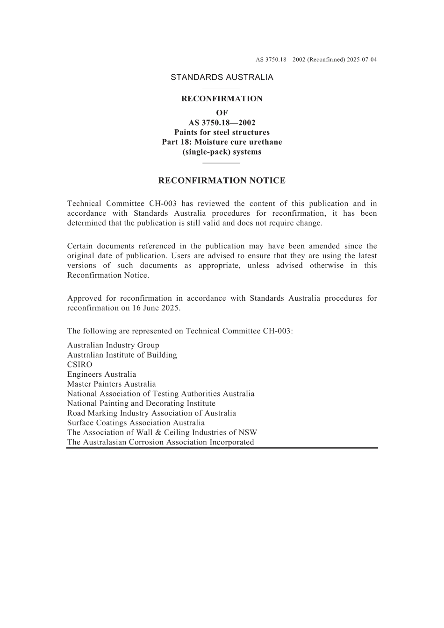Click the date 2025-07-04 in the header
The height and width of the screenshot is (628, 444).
pyautogui.click(x=362, y=60)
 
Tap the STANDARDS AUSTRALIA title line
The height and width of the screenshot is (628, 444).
pyautogui.click(x=222, y=78)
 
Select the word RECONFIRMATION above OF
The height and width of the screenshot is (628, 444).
pyautogui.click(x=222, y=99)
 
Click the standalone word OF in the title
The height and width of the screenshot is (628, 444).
pyautogui.click(x=222, y=113)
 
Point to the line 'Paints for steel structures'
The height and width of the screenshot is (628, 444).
pyautogui.click(x=222, y=133)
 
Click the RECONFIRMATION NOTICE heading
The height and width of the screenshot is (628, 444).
pyautogui.click(x=222, y=181)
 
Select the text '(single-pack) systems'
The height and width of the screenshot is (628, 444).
pyautogui.click(x=222, y=152)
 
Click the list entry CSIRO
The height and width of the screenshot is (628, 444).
pyautogui.click(x=79, y=365)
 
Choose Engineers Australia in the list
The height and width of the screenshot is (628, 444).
pyautogui.click(x=101, y=374)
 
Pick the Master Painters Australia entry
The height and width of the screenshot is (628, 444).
pyautogui.click(x=111, y=384)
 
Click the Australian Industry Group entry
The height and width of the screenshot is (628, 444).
pyautogui.click(x=113, y=346)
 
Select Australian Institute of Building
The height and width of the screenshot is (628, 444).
pyautogui.click(x=122, y=355)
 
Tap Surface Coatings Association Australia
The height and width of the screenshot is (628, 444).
pyautogui.click(x=136, y=423)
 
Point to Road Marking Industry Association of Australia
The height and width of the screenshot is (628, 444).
pyautogui.click(x=151, y=413)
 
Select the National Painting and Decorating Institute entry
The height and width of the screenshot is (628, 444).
pyautogui.click(x=141, y=403)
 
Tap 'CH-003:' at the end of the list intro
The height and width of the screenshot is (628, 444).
pyautogui.click(x=278, y=332)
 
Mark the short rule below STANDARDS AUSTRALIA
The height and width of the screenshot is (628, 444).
pyautogui.click(x=222, y=89)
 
